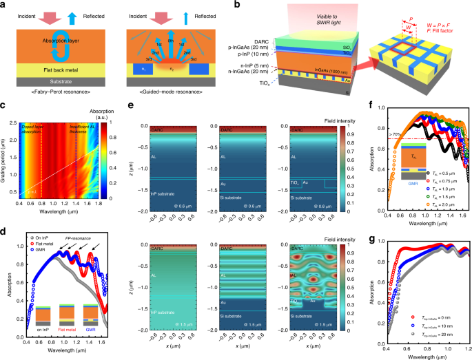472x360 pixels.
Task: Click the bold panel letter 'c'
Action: coord(5,106)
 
